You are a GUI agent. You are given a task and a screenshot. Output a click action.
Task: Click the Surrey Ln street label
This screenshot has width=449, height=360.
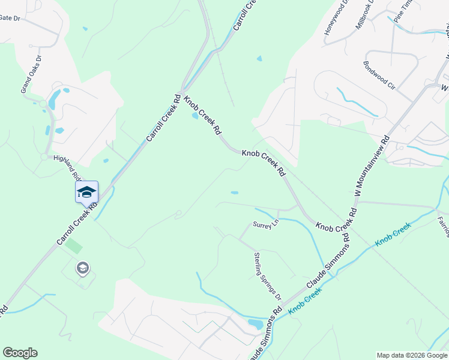pos(267,225)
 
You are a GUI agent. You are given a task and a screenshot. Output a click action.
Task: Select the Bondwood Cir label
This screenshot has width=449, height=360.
pos(379,75)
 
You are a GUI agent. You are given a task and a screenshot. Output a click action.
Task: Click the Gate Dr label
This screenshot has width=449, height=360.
pos(10,18)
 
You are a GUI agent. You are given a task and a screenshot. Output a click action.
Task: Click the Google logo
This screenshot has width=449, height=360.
pos(20,353)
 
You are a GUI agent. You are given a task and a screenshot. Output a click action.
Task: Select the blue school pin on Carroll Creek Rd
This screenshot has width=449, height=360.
pos(86,192)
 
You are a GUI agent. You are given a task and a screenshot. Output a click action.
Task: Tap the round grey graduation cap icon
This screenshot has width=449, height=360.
pos(82,268)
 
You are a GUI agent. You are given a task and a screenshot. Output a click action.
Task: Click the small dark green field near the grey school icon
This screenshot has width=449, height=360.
pos(74,245)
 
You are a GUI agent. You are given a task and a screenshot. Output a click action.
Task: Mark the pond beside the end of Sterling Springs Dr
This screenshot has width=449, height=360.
pos(255,325)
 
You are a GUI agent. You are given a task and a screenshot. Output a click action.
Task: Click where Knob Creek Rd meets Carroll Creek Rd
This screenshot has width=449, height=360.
pos(182,90)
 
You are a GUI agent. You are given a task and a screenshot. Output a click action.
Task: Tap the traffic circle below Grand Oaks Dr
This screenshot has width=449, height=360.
pos(44,157)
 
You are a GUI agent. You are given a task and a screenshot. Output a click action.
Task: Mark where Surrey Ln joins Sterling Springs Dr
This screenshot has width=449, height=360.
pos(240,239)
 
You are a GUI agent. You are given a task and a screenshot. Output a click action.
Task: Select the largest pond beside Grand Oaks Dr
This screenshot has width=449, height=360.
pos(55,99)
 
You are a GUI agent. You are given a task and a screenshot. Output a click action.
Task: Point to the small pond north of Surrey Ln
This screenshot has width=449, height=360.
pos(234,193)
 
